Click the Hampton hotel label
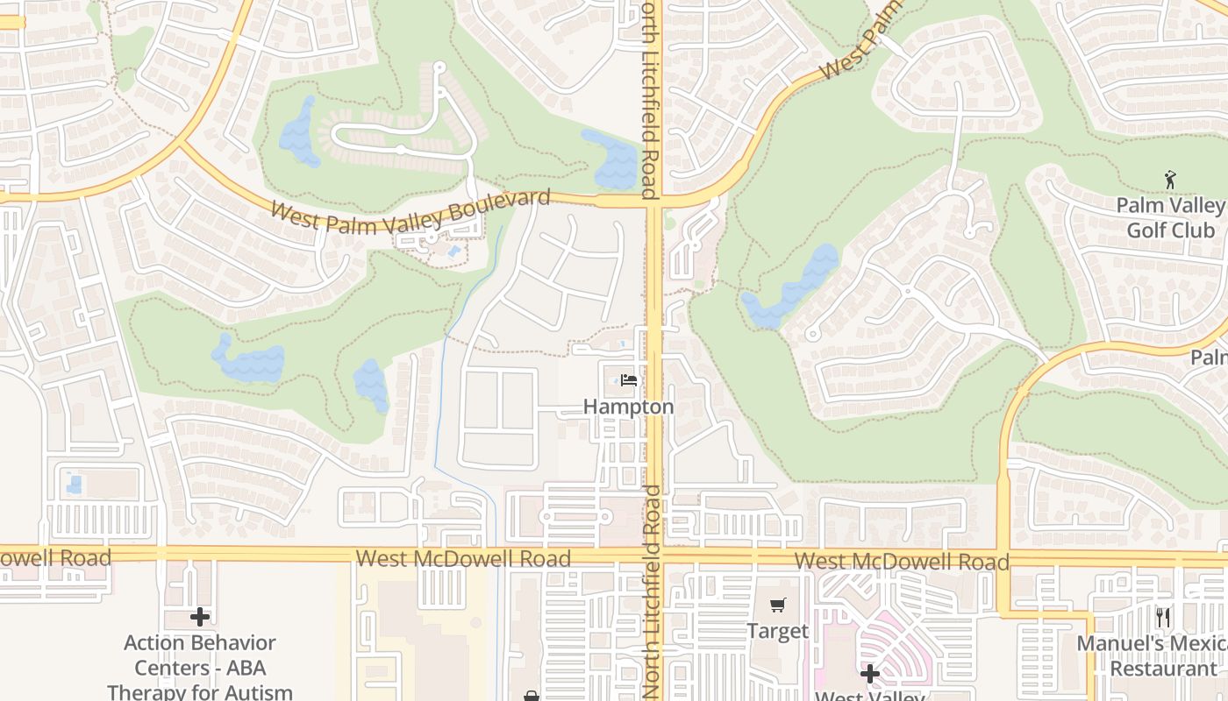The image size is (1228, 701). coord(629,407)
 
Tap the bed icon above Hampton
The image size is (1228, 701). coord(629,380)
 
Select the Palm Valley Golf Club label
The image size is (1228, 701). coord(1170,217)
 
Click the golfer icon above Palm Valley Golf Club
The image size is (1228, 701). coord(1170,181)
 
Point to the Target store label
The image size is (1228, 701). coord(777,631)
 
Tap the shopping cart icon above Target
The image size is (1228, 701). coord(777,605)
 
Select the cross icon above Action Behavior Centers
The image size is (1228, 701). coord(200,617)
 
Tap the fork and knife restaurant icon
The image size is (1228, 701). coord(1163,618)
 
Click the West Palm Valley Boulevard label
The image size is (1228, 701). coord(411,211)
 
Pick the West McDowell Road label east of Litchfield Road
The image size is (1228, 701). coord(902,561)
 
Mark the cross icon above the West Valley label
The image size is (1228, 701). coord(870,674)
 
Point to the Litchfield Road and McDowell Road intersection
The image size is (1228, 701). coord(654,555)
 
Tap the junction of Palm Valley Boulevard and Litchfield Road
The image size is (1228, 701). coord(654,201)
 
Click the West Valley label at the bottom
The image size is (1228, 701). coord(870,695)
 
